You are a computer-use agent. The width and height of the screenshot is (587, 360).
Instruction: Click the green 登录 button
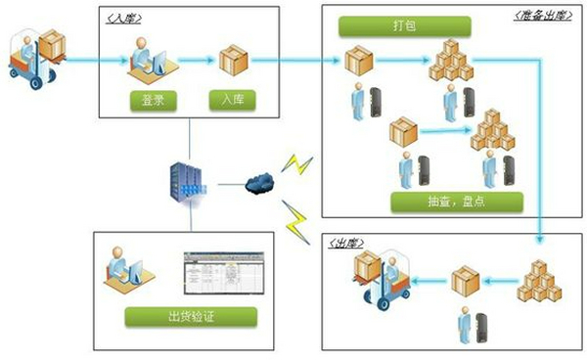(152, 100)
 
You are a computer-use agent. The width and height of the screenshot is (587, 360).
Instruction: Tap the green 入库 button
(232, 100)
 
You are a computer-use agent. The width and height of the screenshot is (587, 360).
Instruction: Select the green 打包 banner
(404, 23)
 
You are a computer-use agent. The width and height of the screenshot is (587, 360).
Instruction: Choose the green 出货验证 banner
(191, 316)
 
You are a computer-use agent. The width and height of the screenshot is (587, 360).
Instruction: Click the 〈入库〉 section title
(122, 18)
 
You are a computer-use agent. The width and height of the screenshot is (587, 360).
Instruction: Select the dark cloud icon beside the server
(258, 181)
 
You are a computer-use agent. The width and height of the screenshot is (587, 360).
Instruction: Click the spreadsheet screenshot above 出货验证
(225, 278)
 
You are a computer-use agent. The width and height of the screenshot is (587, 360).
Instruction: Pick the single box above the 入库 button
(233, 61)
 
